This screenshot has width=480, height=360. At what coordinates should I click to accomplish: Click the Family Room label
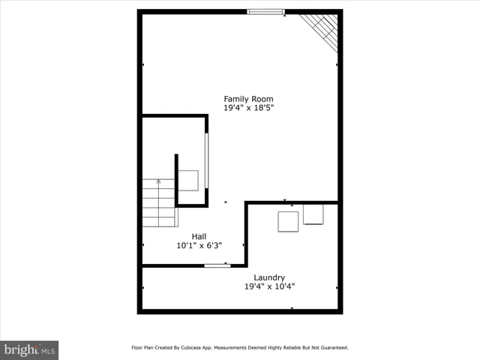point(248,99)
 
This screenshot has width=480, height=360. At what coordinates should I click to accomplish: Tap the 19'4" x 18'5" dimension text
point(248,108)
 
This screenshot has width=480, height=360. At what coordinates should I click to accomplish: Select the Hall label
point(199,236)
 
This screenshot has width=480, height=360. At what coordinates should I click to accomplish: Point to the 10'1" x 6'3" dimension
point(199,245)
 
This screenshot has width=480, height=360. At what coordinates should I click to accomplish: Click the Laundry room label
point(269,277)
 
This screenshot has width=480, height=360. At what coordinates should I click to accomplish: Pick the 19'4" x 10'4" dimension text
point(269,286)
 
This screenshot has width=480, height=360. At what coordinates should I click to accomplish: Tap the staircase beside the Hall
point(158,203)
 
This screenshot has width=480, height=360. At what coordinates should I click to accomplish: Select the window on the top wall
point(266,11)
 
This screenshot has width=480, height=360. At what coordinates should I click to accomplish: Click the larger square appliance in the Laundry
point(288,222)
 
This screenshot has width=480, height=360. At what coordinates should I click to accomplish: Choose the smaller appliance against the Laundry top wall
point(313,214)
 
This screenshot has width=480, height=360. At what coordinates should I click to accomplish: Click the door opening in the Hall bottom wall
point(217,265)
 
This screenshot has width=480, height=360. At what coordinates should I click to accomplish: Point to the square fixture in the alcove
point(188,181)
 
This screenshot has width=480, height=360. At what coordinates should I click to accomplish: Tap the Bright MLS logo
point(29,349)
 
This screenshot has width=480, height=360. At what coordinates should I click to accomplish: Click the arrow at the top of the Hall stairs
point(158,181)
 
